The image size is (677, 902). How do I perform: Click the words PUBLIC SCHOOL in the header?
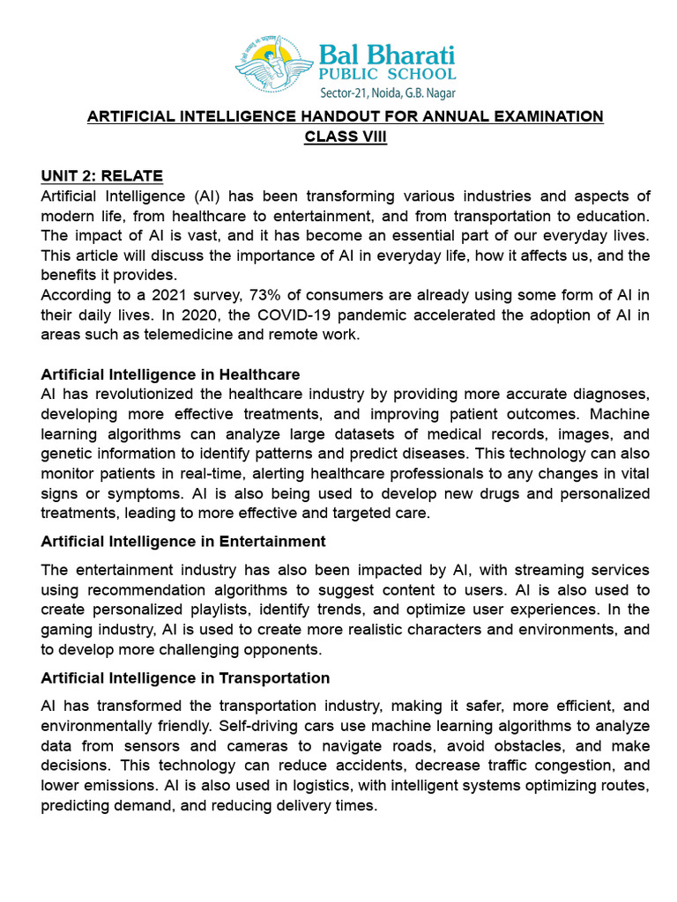click(x=387, y=74)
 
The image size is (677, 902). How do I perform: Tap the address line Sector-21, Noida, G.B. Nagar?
click(x=387, y=92)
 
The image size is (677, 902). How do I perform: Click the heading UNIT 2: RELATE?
click(x=101, y=176)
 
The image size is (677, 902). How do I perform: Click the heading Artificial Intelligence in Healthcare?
click(x=170, y=374)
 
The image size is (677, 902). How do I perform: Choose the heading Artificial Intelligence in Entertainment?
click(x=183, y=541)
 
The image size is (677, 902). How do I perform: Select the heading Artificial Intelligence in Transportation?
click(x=185, y=677)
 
